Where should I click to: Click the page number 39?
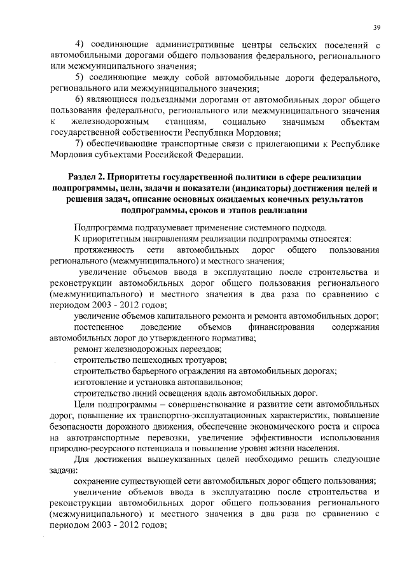376,27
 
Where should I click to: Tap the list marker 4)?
80,45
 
